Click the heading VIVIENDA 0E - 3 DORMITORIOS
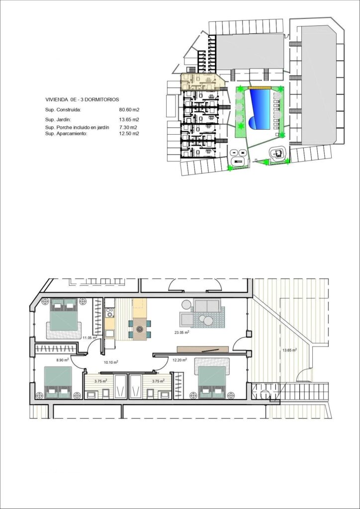82,100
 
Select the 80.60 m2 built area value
129,110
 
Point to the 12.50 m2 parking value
129,134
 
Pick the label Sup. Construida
63,110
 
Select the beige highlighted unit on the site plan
201,81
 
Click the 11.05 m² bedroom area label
90,338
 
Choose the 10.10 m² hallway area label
110,362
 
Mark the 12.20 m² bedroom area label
180,360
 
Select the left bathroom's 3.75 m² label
101,381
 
